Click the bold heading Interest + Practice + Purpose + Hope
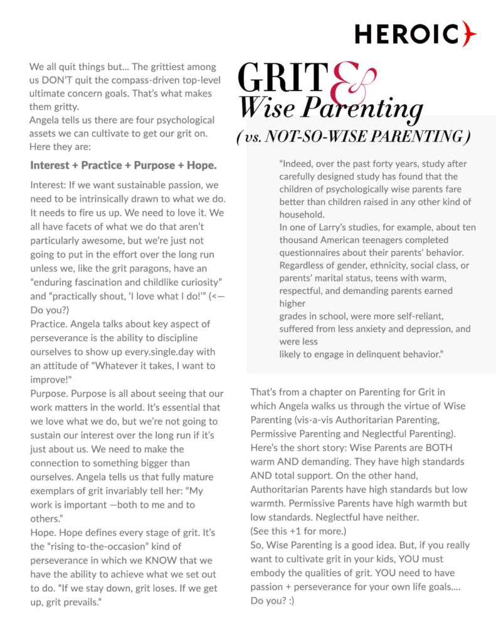(x=123, y=166)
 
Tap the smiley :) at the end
(x=288, y=601)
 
